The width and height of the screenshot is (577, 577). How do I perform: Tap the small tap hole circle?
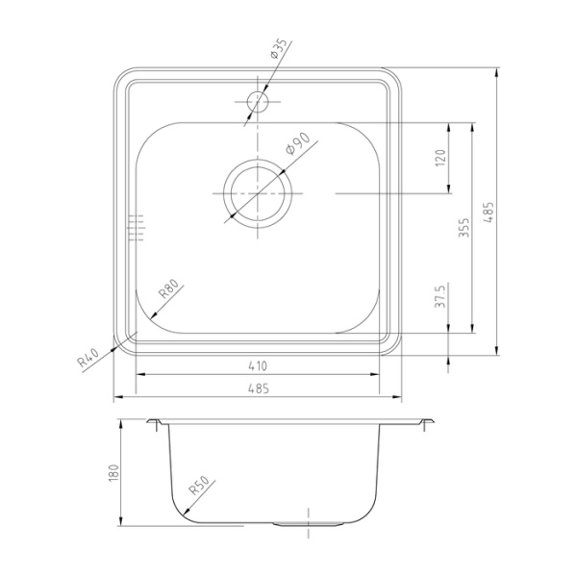click(x=257, y=99)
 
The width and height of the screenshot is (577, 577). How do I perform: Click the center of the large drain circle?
click(x=257, y=193)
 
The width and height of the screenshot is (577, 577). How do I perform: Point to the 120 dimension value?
click(x=440, y=158)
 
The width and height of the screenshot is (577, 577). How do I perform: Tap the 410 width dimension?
click(x=257, y=365)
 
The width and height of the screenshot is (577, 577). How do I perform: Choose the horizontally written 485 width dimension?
click(x=257, y=388)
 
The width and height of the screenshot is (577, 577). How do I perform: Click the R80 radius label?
click(x=167, y=289)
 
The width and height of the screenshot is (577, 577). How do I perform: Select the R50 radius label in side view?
click(x=200, y=489)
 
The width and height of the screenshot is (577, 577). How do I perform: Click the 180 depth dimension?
click(x=113, y=473)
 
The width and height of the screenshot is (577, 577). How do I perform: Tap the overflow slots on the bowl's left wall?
click(x=135, y=226)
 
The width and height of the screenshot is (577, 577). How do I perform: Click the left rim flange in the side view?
click(x=154, y=423)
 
